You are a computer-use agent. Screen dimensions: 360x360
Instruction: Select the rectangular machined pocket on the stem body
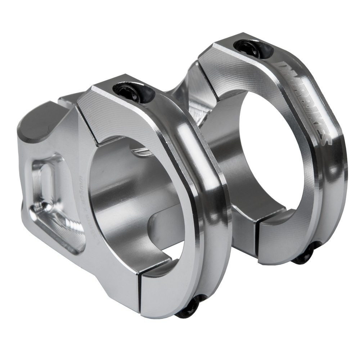(x=54, y=202)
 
